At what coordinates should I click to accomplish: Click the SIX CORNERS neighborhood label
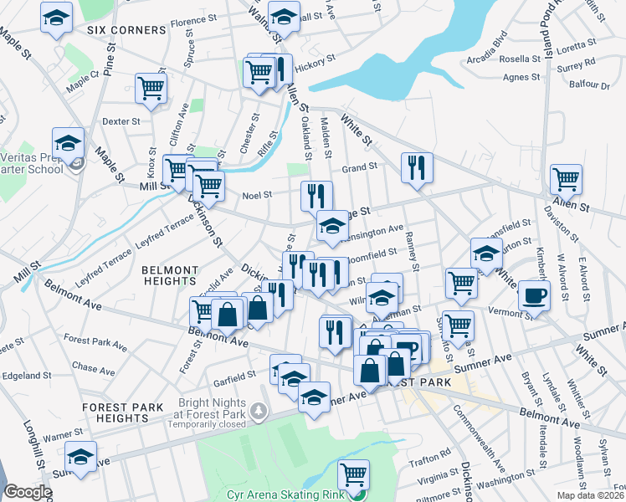[126, 30]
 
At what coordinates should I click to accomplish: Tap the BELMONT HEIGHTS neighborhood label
[170, 277]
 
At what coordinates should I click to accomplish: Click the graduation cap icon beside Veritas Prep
[68, 142]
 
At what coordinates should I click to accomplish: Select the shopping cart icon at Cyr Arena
[353, 474]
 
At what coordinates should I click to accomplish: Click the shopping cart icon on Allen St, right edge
[566, 178]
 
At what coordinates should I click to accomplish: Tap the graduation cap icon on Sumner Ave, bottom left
[80, 458]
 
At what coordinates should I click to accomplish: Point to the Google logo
[28, 492]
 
